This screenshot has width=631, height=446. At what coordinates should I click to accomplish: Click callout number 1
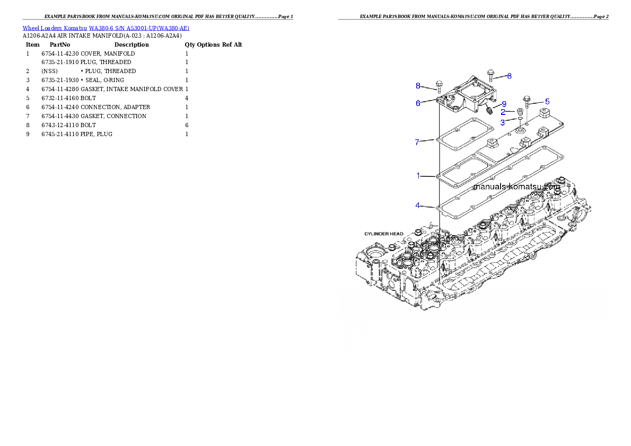pyautogui.click(x=418, y=175)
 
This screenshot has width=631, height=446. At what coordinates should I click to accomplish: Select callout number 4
pyautogui.click(x=418, y=205)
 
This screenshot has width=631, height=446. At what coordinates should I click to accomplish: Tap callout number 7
pyautogui.click(x=417, y=142)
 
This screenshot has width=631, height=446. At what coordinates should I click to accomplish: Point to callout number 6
pyautogui.click(x=418, y=103)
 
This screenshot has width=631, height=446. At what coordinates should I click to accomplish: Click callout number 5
pyautogui.click(x=547, y=101)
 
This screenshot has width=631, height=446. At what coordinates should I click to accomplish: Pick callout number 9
pyautogui.click(x=504, y=104)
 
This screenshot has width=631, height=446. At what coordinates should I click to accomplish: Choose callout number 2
pyautogui.click(x=503, y=112)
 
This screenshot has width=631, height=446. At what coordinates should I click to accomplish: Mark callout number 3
pyautogui.click(x=503, y=122)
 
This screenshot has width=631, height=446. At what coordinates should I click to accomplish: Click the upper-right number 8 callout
pyautogui.click(x=509, y=76)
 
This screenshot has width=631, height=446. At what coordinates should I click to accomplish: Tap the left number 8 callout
pyautogui.click(x=418, y=86)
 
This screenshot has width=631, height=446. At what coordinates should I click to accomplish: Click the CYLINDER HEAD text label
pyautogui.click(x=383, y=234)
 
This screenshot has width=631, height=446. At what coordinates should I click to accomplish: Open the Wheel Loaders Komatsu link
pyautogui.click(x=55, y=28)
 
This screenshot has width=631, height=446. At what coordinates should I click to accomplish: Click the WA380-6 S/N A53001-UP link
pyautogui.click(x=139, y=28)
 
